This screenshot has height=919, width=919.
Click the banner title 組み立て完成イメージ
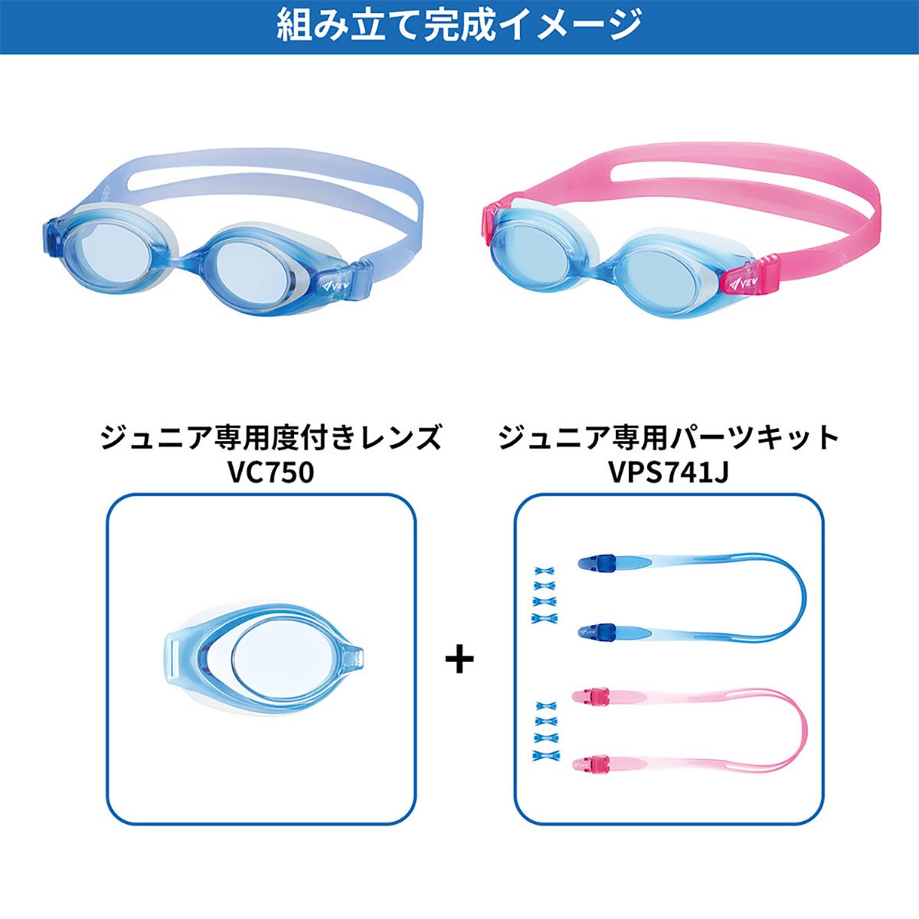(x=459, y=26)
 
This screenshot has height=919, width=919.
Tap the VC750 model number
(x=270, y=473)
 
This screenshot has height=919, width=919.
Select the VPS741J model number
(x=669, y=473)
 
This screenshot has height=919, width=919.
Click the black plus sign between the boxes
(x=459, y=659)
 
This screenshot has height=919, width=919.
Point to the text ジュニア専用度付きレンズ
(x=270, y=438)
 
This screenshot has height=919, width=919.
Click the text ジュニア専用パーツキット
(x=669, y=438)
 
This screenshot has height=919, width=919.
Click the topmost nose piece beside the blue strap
(x=545, y=571)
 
